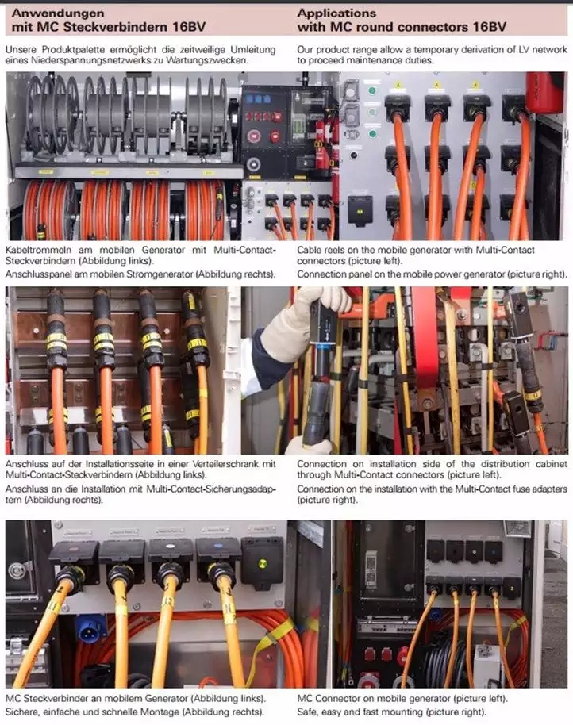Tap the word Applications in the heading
tap(336, 13)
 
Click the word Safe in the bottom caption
tap(307, 712)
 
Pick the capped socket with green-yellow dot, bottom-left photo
tap(262, 564)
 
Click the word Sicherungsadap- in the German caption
tap(240, 489)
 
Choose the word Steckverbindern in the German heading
tap(116, 27)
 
